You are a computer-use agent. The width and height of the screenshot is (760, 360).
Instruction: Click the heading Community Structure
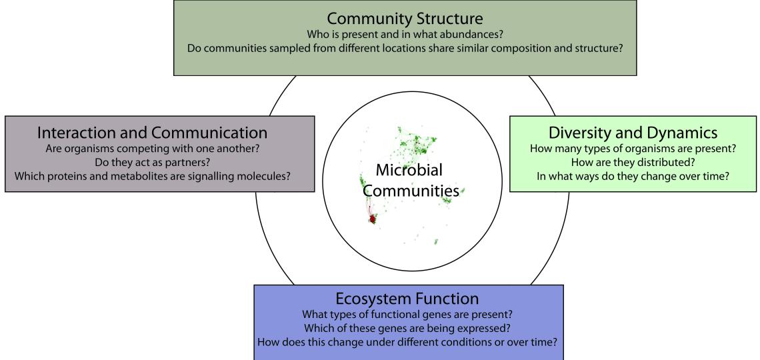coord(405,17)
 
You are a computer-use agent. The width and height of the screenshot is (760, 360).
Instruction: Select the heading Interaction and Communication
coord(153,132)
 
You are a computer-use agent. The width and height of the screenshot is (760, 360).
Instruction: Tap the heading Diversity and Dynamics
coord(633,132)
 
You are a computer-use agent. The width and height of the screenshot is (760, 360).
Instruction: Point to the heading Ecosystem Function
coord(408,298)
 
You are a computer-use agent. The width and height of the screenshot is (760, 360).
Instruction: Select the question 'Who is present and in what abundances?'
coord(405,35)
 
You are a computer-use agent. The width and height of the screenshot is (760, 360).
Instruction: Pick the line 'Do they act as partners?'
coord(159,162)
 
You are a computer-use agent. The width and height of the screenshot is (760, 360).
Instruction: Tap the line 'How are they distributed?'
coord(633,162)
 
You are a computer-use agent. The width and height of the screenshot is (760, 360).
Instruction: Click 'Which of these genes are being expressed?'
coord(408,328)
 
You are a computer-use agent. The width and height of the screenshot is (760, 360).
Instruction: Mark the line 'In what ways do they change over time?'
coord(633,176)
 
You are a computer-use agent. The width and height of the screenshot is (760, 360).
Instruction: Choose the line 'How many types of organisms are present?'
coord(633,148)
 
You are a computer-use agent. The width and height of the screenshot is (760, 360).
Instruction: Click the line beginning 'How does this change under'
coord(408,342)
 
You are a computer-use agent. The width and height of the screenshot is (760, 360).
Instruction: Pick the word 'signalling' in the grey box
coord(224,176)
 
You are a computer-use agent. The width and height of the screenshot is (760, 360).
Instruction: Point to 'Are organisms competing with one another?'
coord(159,148)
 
